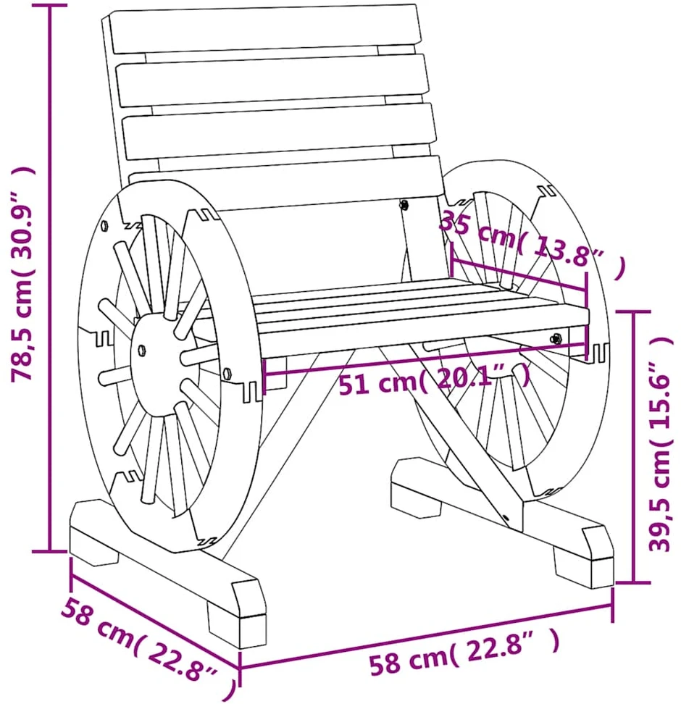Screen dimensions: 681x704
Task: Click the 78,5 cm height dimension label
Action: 22,275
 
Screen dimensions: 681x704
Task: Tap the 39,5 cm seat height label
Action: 660,445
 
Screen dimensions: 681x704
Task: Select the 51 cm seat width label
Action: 434,380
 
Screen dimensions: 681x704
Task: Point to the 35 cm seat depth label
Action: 532,244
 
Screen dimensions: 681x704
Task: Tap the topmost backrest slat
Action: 265,29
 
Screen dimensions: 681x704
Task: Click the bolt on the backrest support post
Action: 404,205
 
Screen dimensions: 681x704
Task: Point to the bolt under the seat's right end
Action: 557,338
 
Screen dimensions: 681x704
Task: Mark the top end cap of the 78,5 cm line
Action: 49,5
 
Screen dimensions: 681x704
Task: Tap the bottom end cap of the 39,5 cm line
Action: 633,582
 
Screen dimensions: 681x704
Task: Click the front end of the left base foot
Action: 237,614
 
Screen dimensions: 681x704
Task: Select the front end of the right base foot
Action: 584,558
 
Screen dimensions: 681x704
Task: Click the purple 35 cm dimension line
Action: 519,275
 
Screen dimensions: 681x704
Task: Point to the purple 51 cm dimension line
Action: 425,359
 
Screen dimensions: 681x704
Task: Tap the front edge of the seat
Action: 424,334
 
